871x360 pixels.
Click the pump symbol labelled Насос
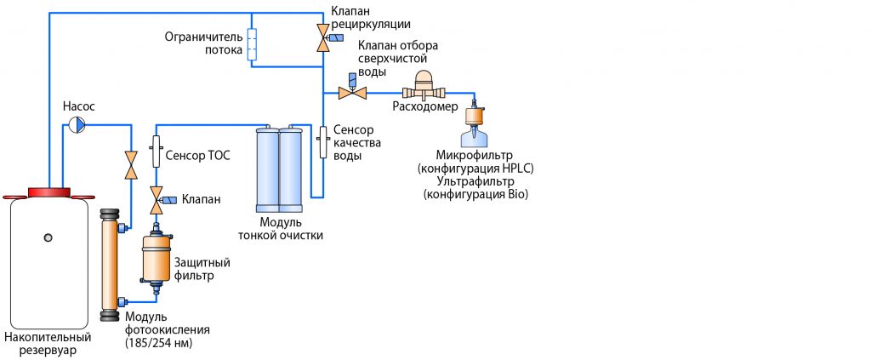77,125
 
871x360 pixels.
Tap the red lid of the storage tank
48,192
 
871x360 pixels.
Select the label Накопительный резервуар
48,344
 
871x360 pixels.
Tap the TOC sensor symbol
157,151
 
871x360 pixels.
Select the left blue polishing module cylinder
268,170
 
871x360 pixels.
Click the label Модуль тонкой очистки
281,228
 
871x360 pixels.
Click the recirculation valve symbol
323,38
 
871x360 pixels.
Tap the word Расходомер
425,107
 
